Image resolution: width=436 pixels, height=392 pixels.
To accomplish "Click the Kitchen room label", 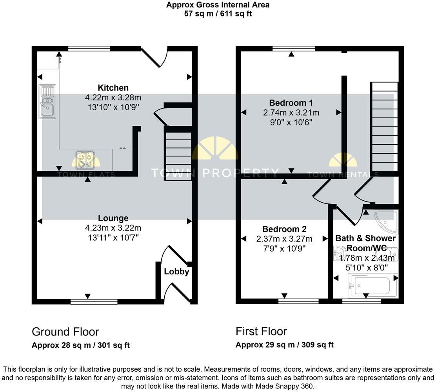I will [113, 88].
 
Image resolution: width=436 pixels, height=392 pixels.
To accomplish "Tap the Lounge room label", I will [113, 218].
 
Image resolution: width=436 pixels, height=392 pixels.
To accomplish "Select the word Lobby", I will [176, 272].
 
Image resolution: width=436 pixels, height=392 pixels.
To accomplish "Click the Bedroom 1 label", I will [291, 103].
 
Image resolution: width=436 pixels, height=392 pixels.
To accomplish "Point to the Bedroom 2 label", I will [284, 229].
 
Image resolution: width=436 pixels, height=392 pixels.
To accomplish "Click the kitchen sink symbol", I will [47, 102].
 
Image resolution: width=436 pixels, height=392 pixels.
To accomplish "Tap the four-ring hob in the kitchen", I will [84, 160].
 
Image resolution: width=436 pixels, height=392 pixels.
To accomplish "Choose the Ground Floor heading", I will [65, 332].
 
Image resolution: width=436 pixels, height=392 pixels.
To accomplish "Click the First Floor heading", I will [261, 332].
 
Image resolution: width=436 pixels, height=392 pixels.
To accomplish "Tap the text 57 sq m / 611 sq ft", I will [218, 14].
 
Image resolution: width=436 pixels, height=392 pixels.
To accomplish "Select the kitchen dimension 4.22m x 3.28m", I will [113, 97].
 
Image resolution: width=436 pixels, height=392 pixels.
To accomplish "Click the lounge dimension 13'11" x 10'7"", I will [113, 237].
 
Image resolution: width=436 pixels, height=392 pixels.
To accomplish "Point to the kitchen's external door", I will [154, 57].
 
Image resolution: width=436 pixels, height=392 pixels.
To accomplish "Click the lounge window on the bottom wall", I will [94, 301].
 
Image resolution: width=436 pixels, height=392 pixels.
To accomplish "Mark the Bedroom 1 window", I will [294, 49].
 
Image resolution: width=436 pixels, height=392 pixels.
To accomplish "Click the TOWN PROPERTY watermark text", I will [215, 173].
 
